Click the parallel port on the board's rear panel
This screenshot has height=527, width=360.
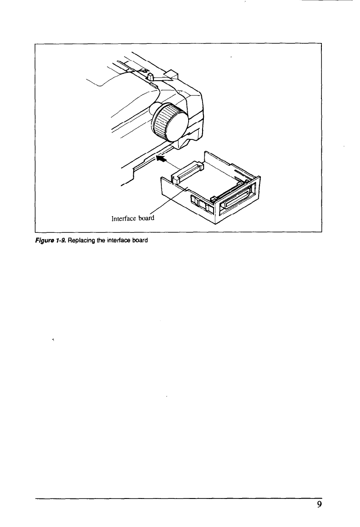coord(237,199)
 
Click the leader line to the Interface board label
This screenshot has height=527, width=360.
coord(171,199)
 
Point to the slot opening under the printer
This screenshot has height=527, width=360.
coord(140,162)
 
